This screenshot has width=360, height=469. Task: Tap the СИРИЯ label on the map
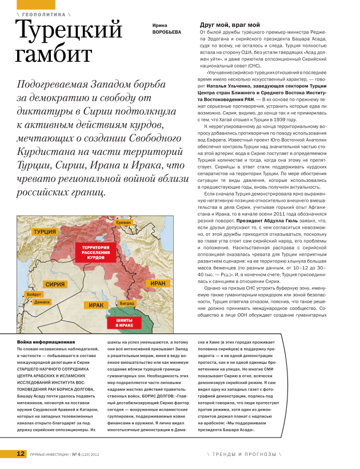coord(55,284)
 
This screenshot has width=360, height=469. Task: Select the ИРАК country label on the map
coord(96,305)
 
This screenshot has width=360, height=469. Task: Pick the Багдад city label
coord(127,302)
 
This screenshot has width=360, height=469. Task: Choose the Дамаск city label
coord(42,301)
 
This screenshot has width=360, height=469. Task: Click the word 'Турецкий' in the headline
coord(68,30)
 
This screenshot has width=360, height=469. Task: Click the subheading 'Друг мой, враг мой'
coord(229,25)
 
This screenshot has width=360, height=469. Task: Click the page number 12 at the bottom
coord(20,454)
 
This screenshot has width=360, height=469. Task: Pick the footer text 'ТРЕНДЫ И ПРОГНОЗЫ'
coord(245,454)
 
